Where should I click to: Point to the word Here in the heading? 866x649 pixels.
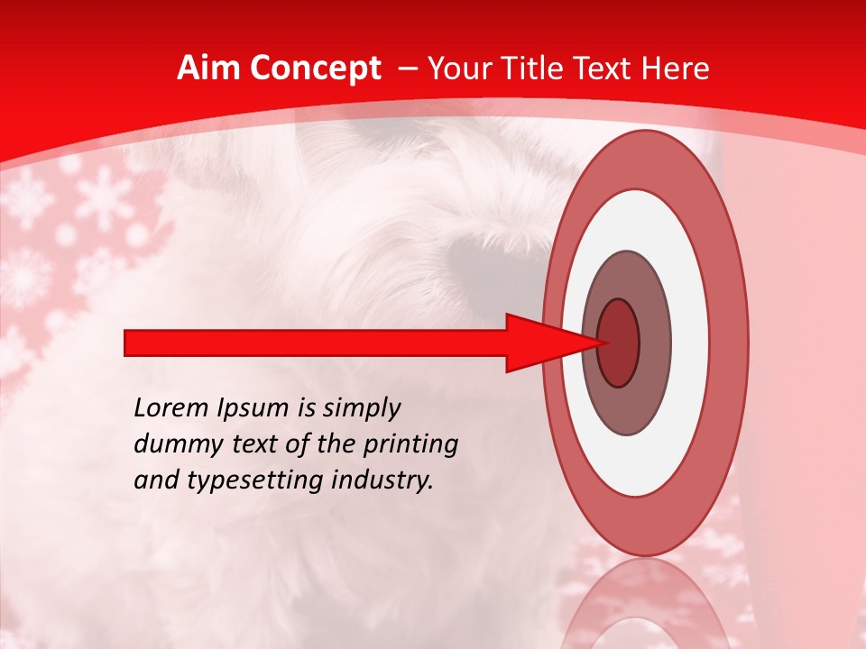coord(678,69)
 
